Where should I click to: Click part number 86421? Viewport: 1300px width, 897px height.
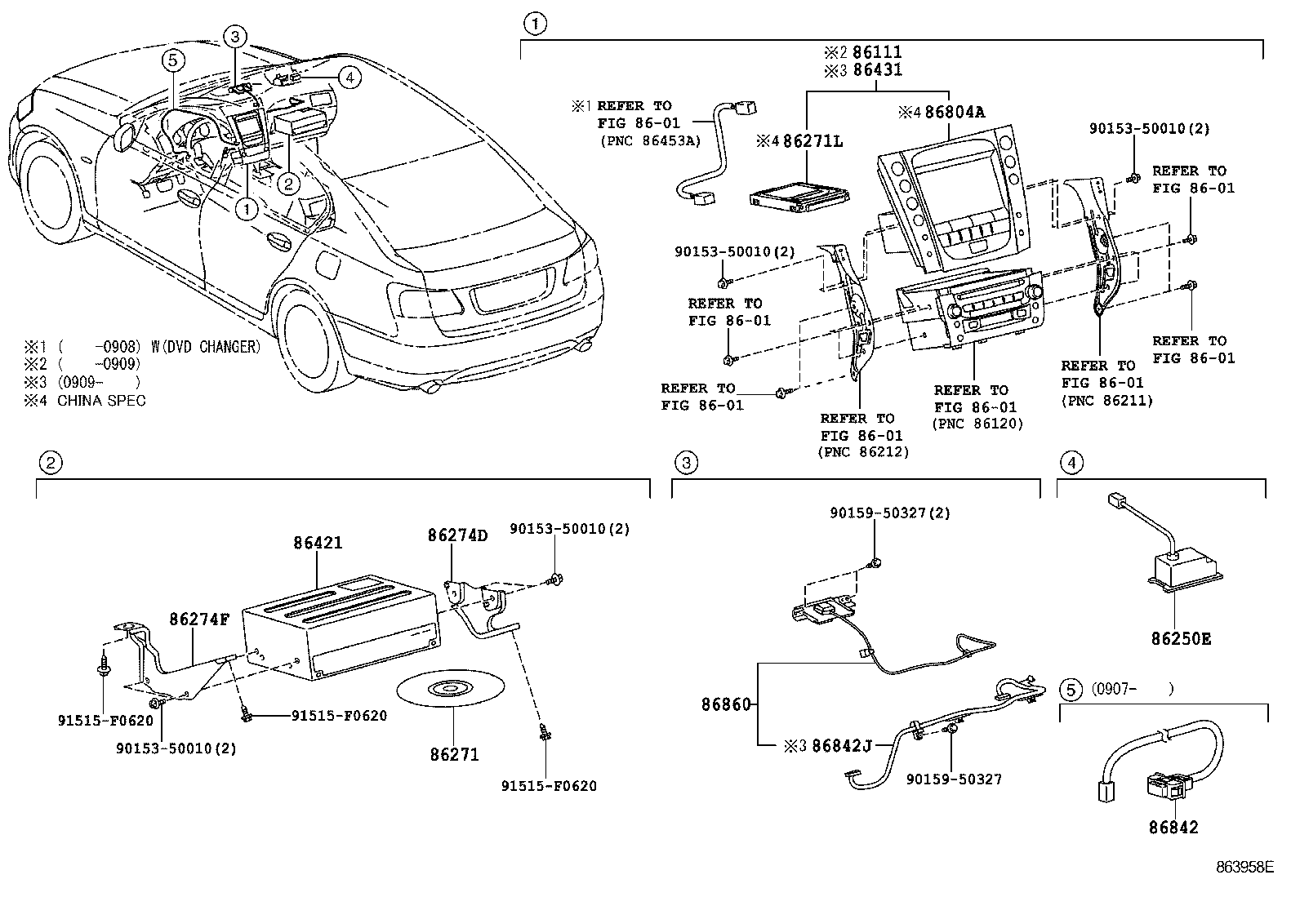318,543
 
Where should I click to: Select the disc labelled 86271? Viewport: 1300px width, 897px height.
451,688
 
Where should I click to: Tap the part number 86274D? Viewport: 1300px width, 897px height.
458,535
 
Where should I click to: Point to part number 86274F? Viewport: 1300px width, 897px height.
199,619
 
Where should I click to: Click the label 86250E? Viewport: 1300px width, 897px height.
1181,639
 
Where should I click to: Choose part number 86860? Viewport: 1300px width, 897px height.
727,704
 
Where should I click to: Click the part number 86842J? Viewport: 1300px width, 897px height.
842,745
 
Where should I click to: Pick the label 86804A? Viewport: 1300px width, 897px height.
955,111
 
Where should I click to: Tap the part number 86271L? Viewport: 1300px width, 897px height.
812,141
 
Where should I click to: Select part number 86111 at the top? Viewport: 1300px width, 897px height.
877,52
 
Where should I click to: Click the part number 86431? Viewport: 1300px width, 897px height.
877,70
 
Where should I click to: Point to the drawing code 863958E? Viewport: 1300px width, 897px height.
1244,867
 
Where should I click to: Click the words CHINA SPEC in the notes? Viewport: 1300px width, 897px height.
101,401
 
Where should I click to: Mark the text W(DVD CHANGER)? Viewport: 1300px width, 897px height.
206,347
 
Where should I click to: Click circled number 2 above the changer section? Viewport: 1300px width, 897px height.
51,463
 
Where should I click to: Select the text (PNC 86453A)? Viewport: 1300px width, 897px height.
651,140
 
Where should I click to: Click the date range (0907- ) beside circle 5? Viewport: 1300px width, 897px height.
1133,689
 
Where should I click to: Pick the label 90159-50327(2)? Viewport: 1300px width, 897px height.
890,513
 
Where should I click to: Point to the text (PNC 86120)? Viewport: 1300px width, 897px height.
978,424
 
